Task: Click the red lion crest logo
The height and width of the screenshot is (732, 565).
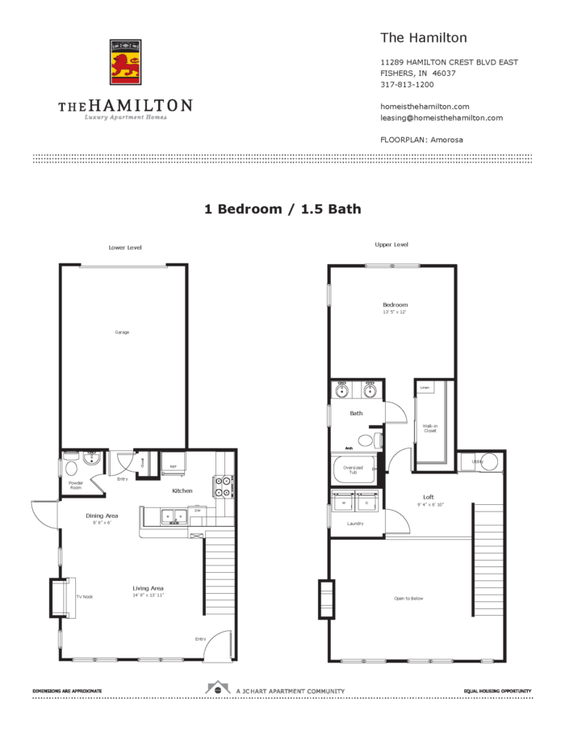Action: click(125, 62)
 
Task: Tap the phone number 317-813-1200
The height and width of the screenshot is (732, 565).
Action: click(407, 85)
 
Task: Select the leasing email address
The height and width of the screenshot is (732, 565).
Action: click(442, 118)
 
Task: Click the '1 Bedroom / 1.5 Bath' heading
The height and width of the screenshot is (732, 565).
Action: click(282, 208)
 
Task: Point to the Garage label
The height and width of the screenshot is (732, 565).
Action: click(122, 332)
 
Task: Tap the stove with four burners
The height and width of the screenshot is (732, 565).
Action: click(223, 486)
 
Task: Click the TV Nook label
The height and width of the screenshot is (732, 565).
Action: click(85, 596)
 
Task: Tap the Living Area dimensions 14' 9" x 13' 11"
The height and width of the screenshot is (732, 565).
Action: click(149, 595)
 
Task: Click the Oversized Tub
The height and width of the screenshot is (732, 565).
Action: click(354, 469)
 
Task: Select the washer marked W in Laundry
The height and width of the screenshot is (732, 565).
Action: click(342, 502)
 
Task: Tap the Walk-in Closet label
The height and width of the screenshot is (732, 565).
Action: click(429, 428)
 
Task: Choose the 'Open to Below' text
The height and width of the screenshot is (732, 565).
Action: click(408, 598)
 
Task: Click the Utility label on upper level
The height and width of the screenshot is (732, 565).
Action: click(477, 461)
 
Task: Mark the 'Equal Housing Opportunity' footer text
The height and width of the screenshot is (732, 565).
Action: click(497, 692)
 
